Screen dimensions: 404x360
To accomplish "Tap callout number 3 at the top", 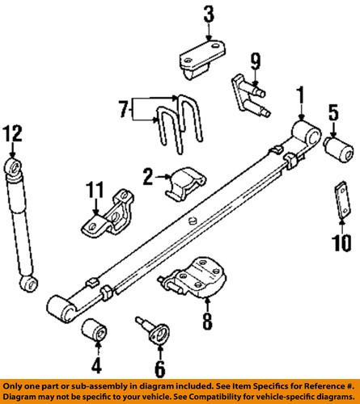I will click(x=208, y=13).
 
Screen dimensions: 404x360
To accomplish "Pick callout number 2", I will click(x=148, y=176).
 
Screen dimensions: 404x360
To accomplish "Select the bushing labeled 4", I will click(x=96, y=330).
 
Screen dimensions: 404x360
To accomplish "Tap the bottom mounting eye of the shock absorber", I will click(x=30, y=284).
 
